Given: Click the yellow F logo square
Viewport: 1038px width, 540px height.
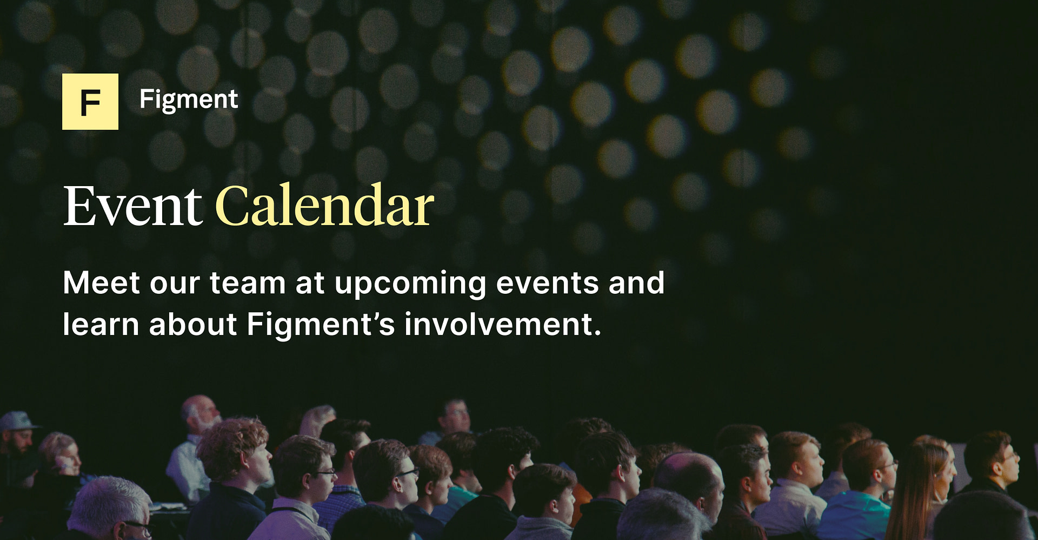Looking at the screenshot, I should (90, 102).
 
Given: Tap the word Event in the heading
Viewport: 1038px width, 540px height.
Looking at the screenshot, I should (132, 207).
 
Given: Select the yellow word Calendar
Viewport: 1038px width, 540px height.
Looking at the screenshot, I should (324, 207).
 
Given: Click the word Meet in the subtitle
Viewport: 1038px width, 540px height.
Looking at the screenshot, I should (101, 283).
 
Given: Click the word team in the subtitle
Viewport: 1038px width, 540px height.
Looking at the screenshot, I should (247, 283).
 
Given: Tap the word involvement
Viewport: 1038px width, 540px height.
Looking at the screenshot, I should (503, 325).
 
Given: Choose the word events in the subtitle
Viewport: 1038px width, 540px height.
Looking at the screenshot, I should (547, 283).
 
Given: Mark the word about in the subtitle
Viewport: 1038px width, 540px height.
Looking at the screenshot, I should (192, 325).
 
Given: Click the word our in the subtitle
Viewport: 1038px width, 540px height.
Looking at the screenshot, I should (175, 283).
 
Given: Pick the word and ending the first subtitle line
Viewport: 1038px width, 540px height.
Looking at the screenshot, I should (636, 283).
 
